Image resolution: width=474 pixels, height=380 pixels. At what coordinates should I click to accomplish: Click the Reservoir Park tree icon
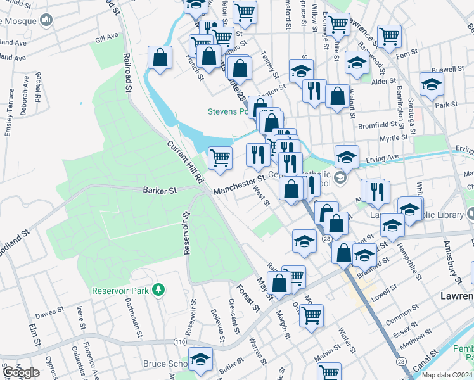[158, 290]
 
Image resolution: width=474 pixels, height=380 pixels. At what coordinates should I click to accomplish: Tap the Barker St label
[158, 189]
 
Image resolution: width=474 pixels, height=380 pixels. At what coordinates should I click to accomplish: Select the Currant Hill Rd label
[184, 163]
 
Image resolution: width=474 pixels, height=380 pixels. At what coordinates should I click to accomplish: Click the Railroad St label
[127, 72]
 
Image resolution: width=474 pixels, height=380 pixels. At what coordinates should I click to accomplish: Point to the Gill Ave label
[106, 38]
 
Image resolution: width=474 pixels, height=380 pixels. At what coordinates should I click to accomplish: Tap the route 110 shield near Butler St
[181, 342]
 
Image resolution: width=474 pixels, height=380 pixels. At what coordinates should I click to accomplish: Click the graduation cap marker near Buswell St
[432, 84]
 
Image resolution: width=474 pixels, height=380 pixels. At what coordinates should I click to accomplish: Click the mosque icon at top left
[46, 21]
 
